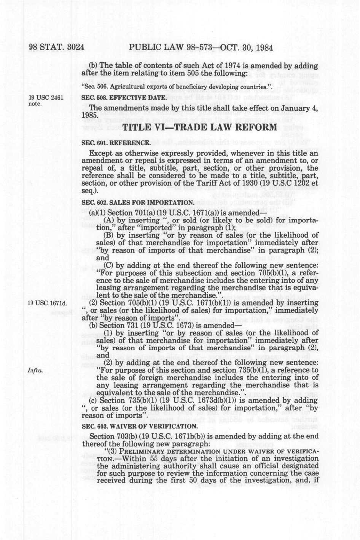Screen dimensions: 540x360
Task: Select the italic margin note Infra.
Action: (x=35, y=370)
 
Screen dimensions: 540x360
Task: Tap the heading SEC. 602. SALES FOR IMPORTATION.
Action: (x=138, y=202)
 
